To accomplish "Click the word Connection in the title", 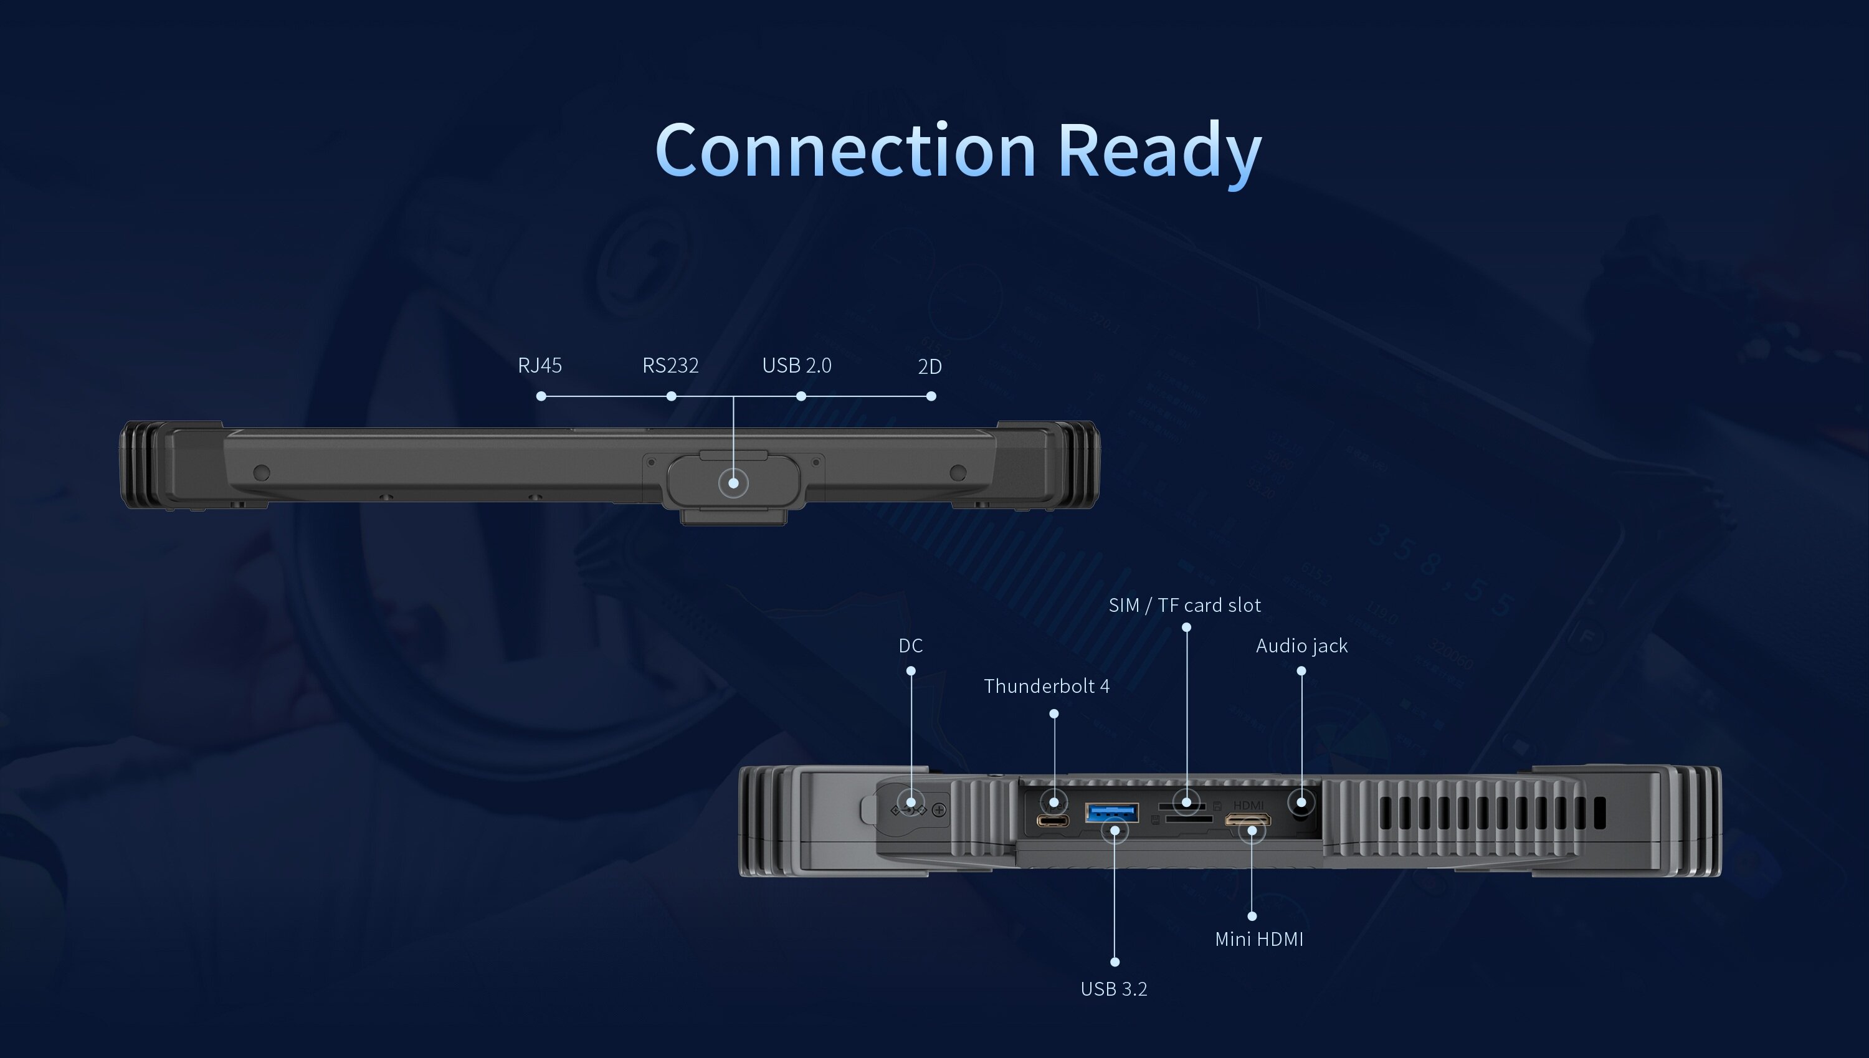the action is (845, 150).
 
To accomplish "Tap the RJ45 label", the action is (540, 366).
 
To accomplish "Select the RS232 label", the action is (670, 366).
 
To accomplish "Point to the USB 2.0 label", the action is (797, 366).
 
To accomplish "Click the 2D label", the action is (930, 367).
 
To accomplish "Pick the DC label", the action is (910, 646).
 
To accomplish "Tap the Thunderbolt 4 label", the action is (1047, 687).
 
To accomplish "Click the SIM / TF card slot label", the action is (1185, 605).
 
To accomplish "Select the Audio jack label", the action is (1301, 646).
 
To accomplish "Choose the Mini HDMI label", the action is (1259, 940).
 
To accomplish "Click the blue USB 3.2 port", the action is (1111, 812).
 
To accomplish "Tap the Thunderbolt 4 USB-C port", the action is (1052, 821).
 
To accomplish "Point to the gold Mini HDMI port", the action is (1248, 819).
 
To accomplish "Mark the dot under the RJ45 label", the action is (541, 396).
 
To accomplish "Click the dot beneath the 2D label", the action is (931, 396).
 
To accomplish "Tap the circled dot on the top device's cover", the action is (734, 482).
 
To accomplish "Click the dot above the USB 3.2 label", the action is (1115, 962).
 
